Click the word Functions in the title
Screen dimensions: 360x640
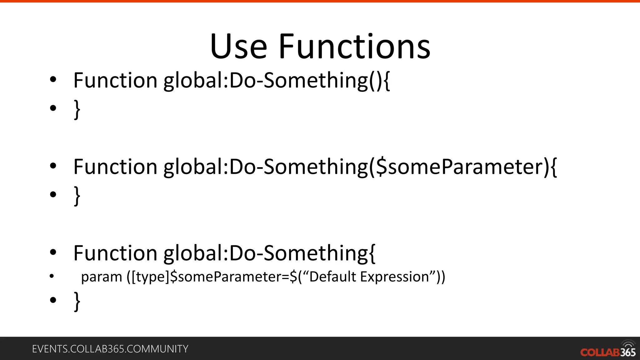pyautogui.click(x=354, y=47)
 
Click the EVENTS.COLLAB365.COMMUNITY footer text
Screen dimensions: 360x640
pyautogui.click(x=110, y=349)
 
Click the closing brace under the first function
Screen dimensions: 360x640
pyautogui.click(x=77, y=110)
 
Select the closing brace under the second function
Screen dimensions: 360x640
pyautogui.click(x=77, y=196)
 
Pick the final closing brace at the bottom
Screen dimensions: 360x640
pyautogui.click(x=77, y=302)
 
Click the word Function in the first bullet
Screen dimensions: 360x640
pyautogui.click(x=115, y=81)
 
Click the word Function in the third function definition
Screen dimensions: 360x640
pyautogui.click(x=115, y=253)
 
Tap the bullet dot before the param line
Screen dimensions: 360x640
pyautogui.click(x=52, y=276)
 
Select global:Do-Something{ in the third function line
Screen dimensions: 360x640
pyautogui.click(x=269, y=254)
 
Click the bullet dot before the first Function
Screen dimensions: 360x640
pyautogui.click(x=53, y=80)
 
